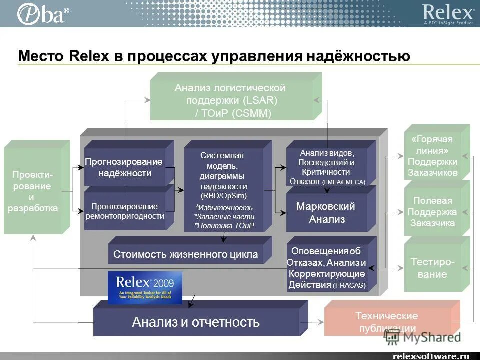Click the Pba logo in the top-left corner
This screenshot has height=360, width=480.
pos(42,13)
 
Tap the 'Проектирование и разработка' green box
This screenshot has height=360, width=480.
pos(33,191)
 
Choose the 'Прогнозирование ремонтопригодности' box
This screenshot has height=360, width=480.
pos(125,211)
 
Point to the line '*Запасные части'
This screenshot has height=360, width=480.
pos(225,217)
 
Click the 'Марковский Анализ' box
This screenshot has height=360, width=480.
pos(325,213)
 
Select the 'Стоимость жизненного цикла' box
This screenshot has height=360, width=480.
pos(185,254)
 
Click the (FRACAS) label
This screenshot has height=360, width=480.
pos(349,286)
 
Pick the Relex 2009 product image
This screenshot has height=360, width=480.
pos(145,287)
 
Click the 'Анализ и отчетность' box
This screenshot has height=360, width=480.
pos(196,322)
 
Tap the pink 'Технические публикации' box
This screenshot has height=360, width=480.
pos(386,321)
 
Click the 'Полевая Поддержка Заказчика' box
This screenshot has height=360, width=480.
pos(432,211)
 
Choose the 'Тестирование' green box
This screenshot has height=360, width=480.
pos(432,268)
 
